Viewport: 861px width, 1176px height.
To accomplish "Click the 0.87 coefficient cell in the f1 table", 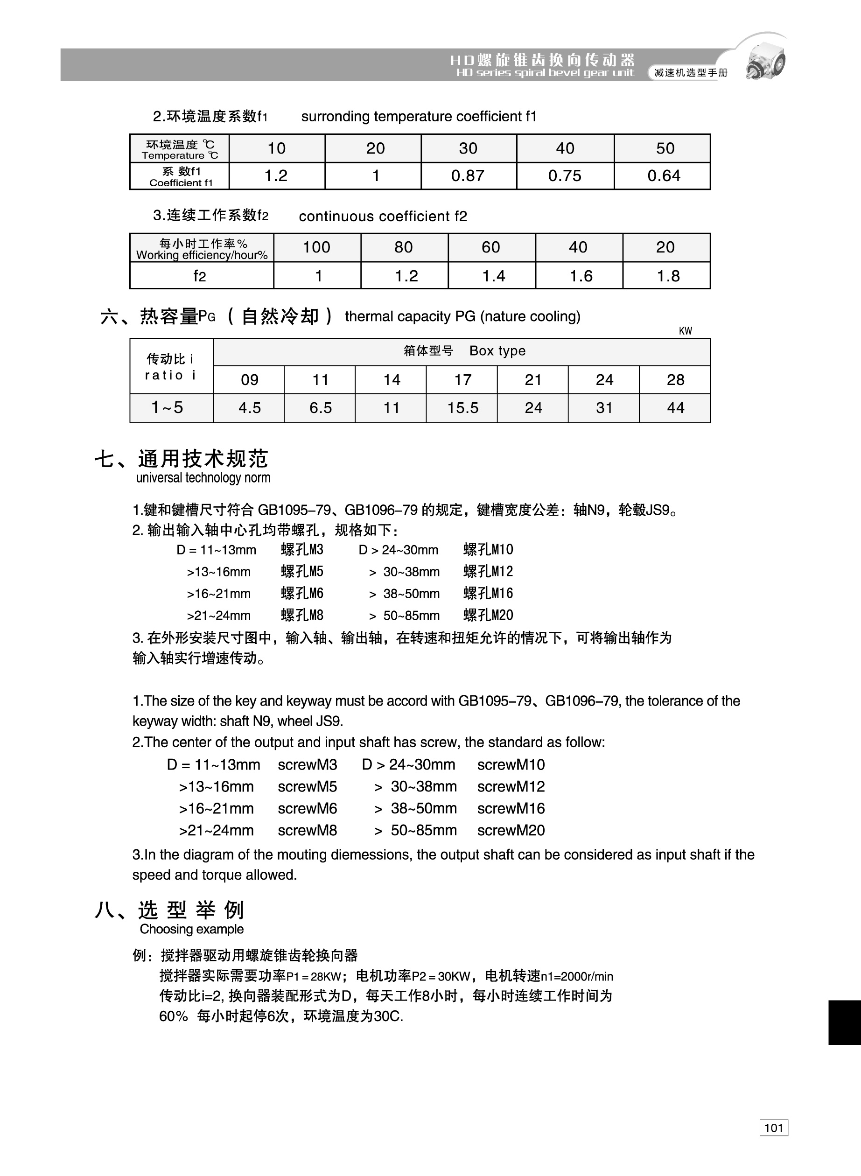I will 468,175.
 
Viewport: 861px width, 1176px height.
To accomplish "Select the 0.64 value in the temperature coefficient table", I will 664,175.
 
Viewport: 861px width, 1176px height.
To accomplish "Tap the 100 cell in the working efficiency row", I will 316,247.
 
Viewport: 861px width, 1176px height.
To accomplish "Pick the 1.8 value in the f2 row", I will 668,276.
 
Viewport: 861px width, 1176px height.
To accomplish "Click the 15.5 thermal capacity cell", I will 462,407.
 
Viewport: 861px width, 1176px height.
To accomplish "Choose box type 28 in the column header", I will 675,379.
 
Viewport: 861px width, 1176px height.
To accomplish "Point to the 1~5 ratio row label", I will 168,407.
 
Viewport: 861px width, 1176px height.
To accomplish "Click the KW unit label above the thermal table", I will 686,331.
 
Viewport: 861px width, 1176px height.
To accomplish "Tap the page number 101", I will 773,1128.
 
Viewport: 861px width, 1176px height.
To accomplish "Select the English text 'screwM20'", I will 511,830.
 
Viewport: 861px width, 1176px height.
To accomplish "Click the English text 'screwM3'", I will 307,764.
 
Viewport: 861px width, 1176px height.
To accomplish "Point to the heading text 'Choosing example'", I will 191,929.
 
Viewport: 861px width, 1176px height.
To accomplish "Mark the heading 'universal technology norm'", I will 203,477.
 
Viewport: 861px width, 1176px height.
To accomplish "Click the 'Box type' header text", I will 497,350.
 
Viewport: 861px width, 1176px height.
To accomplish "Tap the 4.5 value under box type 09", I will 249,407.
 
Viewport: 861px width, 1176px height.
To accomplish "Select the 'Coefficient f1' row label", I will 181,182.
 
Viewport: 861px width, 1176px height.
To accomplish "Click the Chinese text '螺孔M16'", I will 488,593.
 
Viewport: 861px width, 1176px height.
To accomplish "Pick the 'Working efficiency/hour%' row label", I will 202,255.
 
